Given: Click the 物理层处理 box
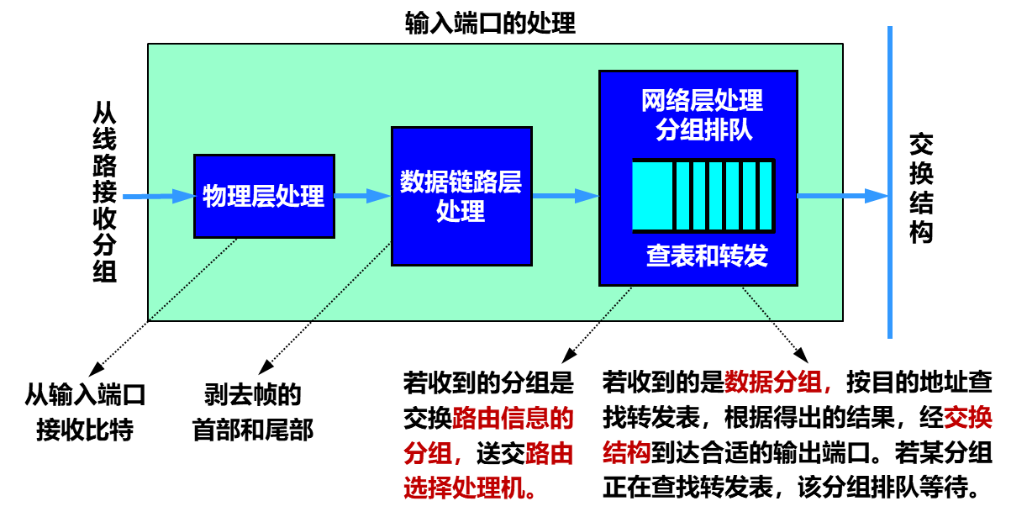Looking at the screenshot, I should (x=264, y=196).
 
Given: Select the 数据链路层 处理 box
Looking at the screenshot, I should (x=461, y=196).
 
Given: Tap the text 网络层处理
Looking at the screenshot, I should (x=702, y=101).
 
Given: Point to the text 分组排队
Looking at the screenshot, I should (x=703, y=130).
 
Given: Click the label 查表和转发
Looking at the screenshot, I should (x=707, y=256).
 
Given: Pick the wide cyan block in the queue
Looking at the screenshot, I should (x=652, y=196).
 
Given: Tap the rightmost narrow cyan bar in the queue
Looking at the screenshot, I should (x=766, y=196).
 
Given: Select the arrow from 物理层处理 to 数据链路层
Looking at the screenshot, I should (x=362, y=196).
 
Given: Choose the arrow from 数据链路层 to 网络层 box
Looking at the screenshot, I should (x=565, y=196).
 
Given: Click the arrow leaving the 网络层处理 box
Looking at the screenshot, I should (x=840, y=196).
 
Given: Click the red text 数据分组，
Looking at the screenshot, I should (x=778, y=382).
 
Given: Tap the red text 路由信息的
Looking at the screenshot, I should (x=513, y=418).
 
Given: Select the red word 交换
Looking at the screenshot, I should (x=967, y=417).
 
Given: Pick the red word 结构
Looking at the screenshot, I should (x=626, y=453).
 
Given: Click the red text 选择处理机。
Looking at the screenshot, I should (x=471, y=488).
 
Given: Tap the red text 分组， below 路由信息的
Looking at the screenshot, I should (x=433, y=453).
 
